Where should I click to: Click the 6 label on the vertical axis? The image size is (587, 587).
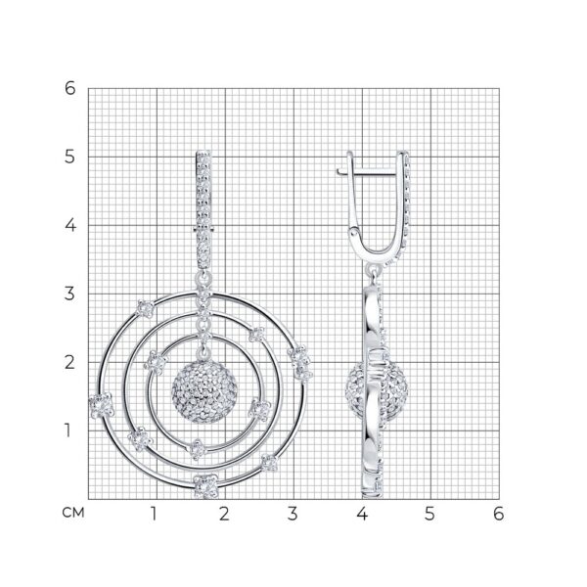[x=70, y=88]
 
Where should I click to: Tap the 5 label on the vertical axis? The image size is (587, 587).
[x=70, y=157]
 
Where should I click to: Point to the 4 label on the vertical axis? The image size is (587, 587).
[x=70, y=225]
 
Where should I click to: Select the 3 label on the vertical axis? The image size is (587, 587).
[x=70, y=293]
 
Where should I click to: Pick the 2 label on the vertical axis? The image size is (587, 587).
[x=70, y=362]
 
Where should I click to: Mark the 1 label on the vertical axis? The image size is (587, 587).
[x=68, y=430]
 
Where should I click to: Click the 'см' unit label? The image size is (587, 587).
[x=73, y=513]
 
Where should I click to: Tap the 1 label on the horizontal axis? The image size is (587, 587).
[x=154, y=514]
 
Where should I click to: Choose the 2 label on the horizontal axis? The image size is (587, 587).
[x=224, y=514]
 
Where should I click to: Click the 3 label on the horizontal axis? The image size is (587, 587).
[x=293, y=514]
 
